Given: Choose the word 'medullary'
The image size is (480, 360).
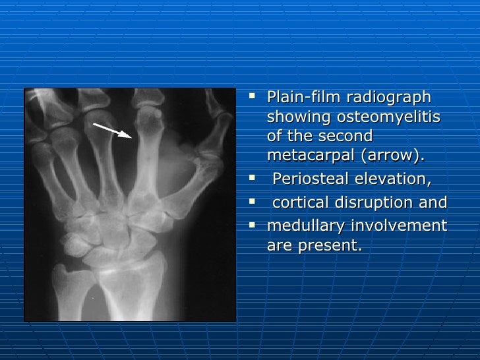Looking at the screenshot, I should pos(307,226).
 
